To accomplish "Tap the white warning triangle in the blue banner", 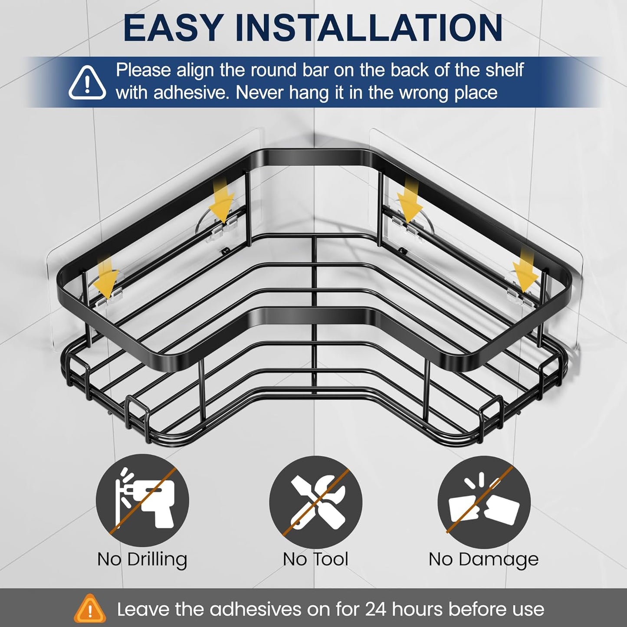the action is [87, 82].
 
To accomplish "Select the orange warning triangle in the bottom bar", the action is [90, 608].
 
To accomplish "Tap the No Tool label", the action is [315, 568].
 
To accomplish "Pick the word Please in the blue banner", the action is [144, 70].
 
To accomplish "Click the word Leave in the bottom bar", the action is [143, 609].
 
